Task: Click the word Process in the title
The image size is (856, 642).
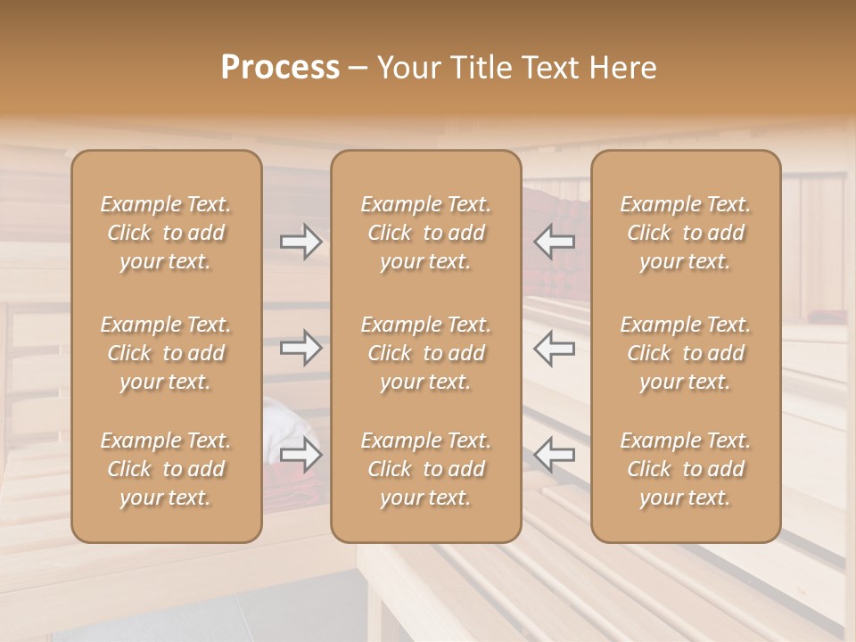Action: click(280, 68)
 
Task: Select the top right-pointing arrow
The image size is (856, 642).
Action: click(300, 242)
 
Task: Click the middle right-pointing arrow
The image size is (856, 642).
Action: click(300, 348)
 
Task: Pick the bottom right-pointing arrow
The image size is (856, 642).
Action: click(300, 455)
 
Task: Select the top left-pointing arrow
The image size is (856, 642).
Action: click(554, 242)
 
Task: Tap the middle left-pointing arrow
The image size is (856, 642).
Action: click(554, 348)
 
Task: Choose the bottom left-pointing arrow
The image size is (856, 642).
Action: click(554, 455)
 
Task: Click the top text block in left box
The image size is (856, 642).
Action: click(166, 233)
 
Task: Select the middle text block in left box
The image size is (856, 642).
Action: click(166, 353)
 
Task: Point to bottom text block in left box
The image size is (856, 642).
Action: click(166, 469)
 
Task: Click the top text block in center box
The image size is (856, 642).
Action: click(426, 233)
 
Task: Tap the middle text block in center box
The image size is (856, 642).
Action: click(426, 353)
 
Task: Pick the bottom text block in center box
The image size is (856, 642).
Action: click(426, 469)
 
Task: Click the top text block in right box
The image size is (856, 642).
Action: click(686, 233)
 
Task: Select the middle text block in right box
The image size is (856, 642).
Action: click(686, 353)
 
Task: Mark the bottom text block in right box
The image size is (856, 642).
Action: click(686, 469)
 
